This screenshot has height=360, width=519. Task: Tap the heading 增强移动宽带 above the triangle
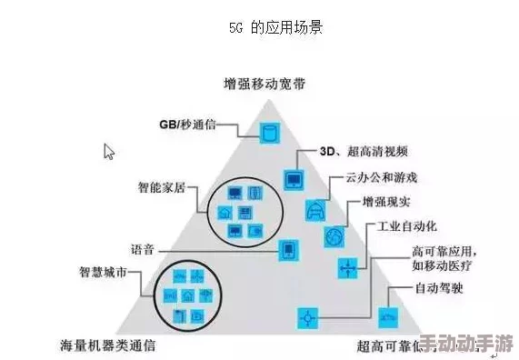(264, 84)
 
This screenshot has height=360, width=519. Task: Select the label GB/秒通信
(186, 125)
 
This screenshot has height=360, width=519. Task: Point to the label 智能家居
(164, 188)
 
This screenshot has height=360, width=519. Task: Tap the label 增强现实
(384, 201)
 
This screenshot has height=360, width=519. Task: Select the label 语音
(145, 247)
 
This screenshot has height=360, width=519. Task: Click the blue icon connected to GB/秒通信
(268, 132)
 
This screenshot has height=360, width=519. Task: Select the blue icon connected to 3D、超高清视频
(293, 179)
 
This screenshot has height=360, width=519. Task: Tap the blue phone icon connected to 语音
(287, 249)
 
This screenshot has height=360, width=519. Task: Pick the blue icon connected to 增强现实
(334, 237)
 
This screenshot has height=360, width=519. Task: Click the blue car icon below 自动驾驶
(388, 317)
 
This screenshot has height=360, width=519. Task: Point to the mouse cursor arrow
(108, 151)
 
